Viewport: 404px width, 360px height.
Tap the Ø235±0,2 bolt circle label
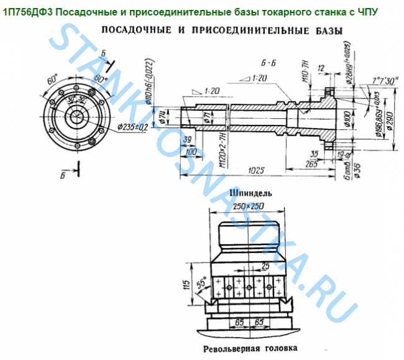[x=132, y=127]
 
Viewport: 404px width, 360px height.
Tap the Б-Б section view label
[x=269, y=63]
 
